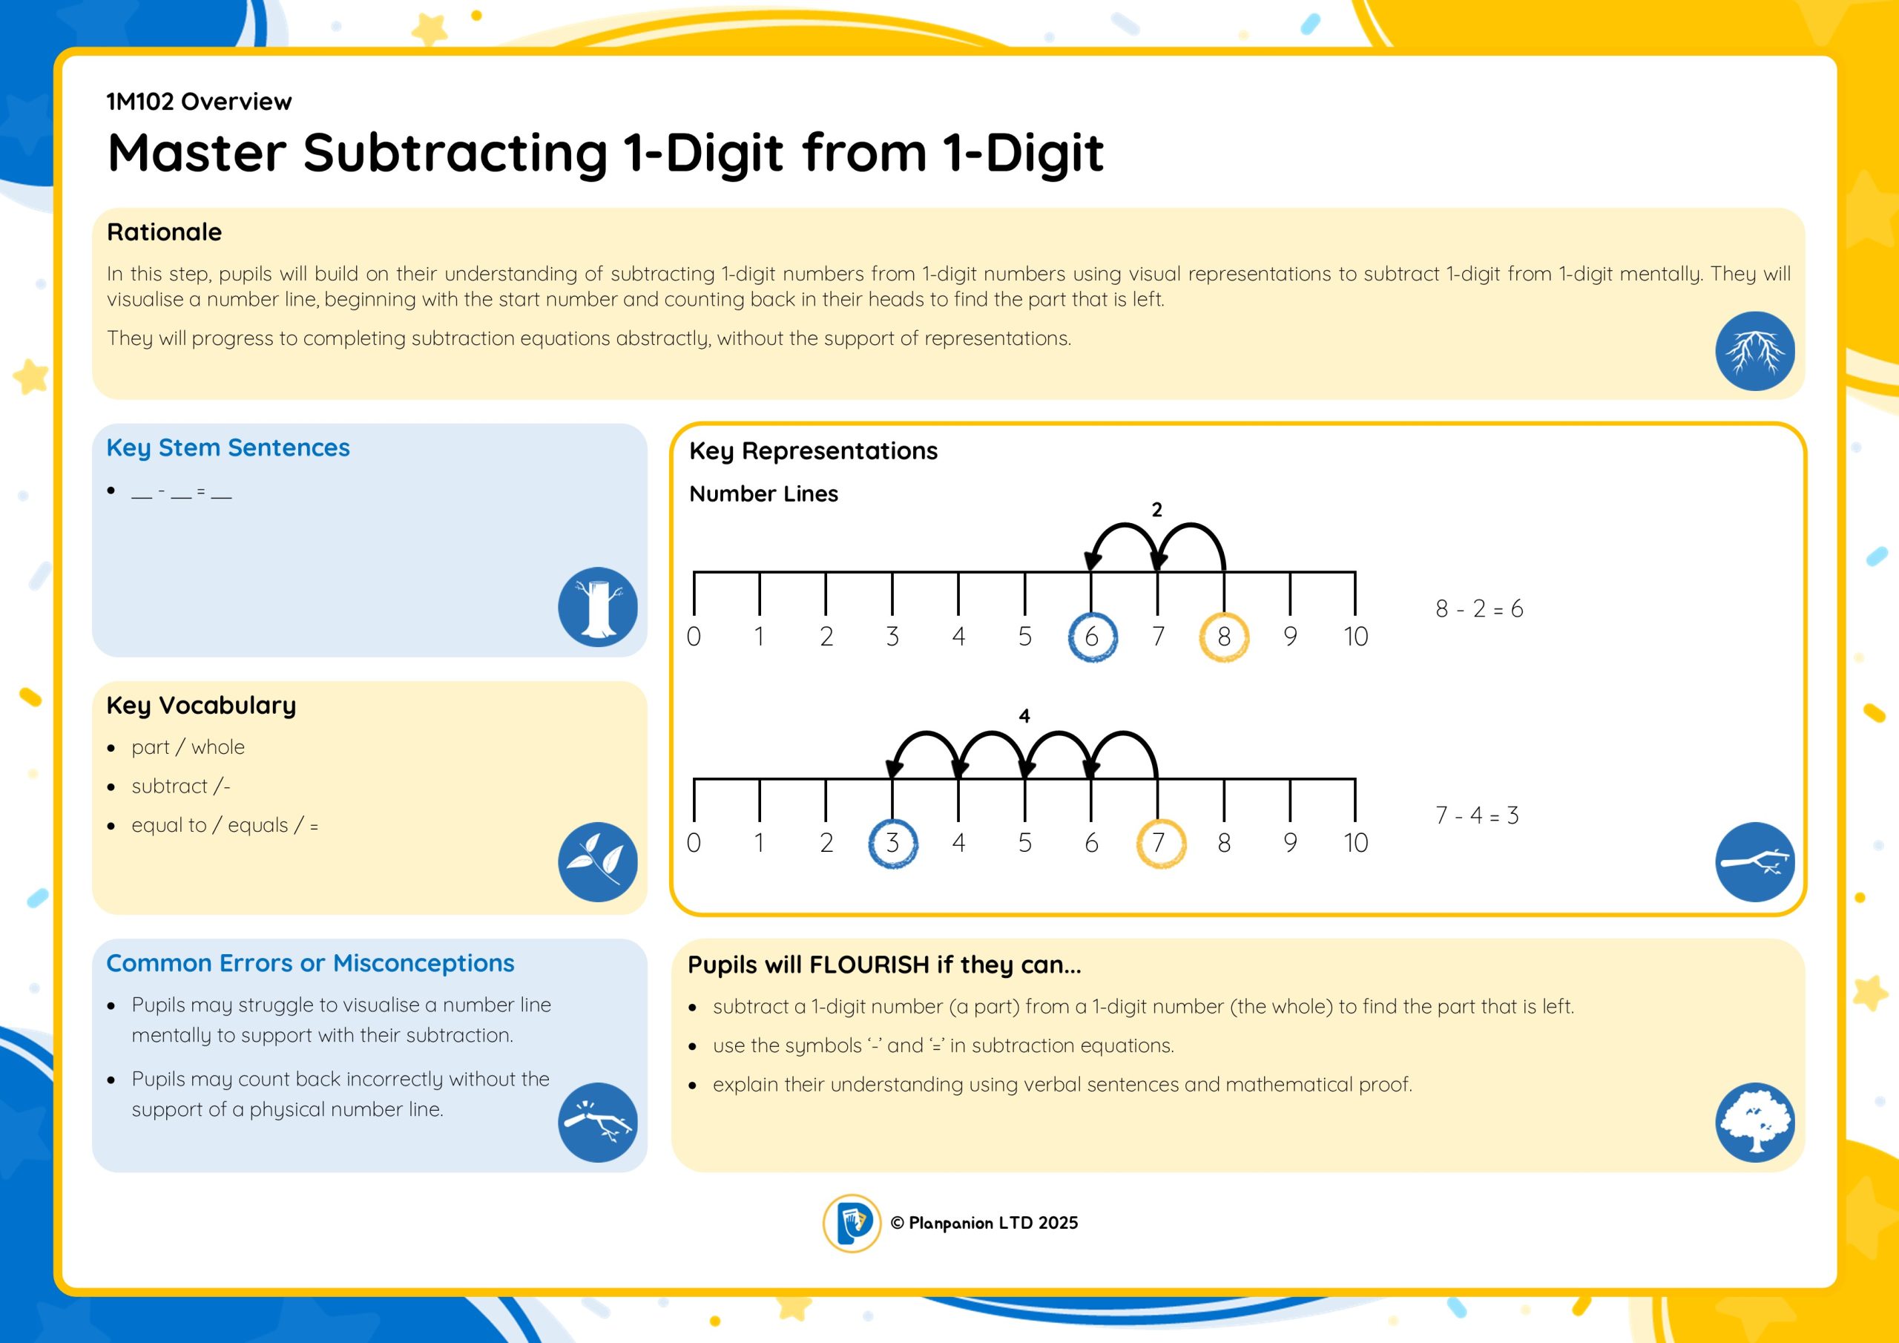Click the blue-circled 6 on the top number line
click(x=1092, y=637)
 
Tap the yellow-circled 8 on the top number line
click(x=1224, y=637)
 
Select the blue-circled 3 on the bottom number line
click(x=892, y=843)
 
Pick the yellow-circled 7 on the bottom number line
click(x=1160, y=843)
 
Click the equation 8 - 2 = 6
click(x=1480, y=609)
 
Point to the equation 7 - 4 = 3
click(x=1477, y=816)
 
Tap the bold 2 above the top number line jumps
click(x=1157, y=510)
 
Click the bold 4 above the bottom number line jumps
click(x=1024, y=716)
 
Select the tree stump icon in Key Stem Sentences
click(x=597, y=606)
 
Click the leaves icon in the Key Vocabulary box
click(x=597, y=861)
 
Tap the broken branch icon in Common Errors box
click(x=597, y=1122)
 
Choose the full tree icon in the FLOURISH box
click(x=1754, y=1122)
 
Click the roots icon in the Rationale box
click(x=1754, y=351)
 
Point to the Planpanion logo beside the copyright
click(x=852, y=1223)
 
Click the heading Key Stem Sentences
click(x=228, y=448)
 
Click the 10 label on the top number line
click(x=1355, y=637)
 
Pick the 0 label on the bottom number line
click(x=694, y=843)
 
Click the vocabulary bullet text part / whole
click(x=188, y=748)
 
